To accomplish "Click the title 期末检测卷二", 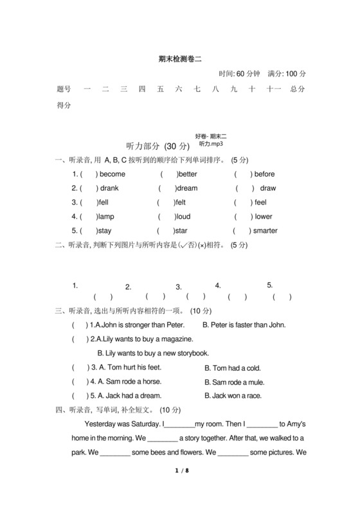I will [179, 58].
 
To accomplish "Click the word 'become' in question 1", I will [113, 174].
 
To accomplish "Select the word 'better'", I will [188, 174].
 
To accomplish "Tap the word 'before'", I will [264, 174].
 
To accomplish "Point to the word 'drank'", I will [109, 188].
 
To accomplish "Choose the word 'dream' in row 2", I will [187, 188].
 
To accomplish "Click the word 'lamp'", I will [105, 217].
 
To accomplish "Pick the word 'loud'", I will [184, 217].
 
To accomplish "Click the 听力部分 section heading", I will [144, 147].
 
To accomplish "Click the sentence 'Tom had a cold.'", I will [232, 368].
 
